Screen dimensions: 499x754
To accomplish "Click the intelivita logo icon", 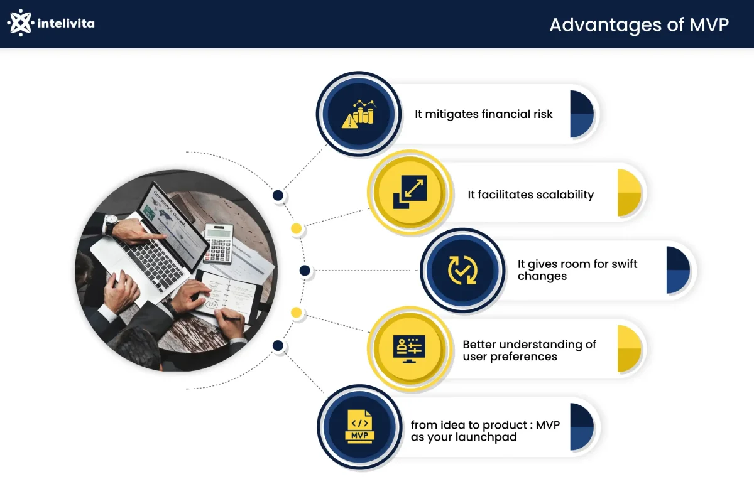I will coord(20,23).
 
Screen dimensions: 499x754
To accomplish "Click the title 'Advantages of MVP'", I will coord(639,24).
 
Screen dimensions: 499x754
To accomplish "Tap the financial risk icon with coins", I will coord(358,114).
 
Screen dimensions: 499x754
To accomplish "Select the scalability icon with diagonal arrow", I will coord(409,192).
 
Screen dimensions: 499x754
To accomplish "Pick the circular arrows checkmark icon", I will coord(462,271).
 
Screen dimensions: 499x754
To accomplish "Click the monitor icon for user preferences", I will coord(409,348).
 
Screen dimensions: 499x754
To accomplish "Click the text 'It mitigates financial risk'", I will coord(484,114).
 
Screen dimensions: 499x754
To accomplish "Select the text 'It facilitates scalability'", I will coord(530,195).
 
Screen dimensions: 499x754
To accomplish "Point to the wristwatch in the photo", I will coord(112,224).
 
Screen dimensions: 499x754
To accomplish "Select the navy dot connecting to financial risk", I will coord(278,196).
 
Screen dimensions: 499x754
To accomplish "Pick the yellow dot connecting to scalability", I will coord(296,228).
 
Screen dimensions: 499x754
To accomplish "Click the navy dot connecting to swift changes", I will coord(305,271).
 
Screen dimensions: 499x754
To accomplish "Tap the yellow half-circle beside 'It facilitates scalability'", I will coord(628,193).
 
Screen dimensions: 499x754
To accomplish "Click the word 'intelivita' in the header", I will coord(66,24).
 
